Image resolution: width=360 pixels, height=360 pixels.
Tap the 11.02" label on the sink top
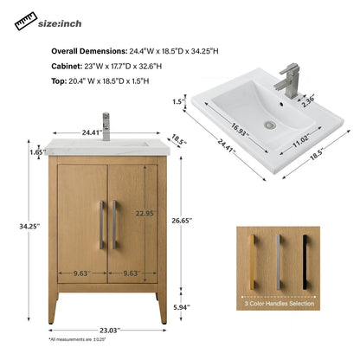(x=299, y=137)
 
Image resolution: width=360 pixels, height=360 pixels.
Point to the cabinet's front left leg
(x=54, y=305)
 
